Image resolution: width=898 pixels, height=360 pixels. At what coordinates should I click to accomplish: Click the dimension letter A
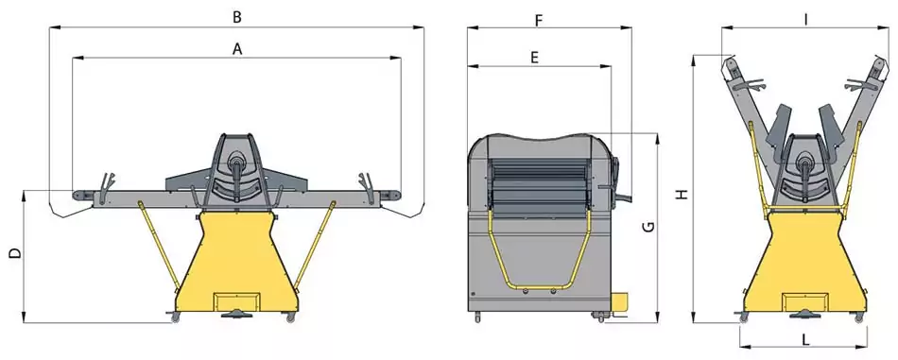(x=237, y=50)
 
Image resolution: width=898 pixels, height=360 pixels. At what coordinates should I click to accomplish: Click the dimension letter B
(x=237, y=17)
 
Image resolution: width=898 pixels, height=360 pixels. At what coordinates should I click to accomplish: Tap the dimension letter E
(x=534, y=58)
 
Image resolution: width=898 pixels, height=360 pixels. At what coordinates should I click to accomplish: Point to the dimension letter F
(x=539, y=21)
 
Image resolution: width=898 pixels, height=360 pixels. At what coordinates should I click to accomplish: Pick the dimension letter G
(x=648, y=227)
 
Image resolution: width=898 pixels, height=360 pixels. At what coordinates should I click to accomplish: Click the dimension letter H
(x=681, y=195)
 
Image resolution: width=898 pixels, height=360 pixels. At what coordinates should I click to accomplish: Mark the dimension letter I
(x=805, y=20)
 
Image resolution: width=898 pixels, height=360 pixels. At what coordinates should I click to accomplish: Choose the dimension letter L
(x=805, y=340)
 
